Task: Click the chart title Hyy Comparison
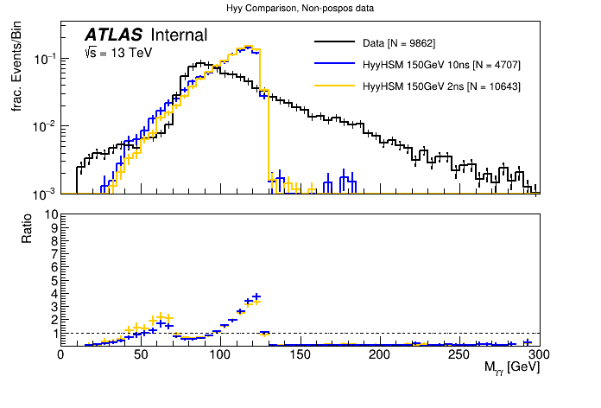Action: click(300, 8)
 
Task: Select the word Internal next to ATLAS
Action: click(179, 35)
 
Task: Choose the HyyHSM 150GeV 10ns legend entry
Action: click(440, 65)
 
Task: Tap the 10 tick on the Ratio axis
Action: click(51, 214)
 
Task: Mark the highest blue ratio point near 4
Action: click(256, 296)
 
